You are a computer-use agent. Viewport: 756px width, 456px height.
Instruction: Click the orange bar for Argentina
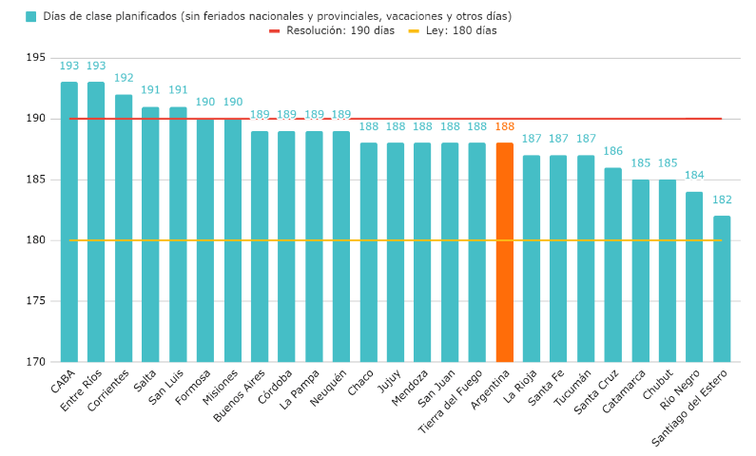504,252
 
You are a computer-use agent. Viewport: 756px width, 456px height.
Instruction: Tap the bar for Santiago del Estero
722,289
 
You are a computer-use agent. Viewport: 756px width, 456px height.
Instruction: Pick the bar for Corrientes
124,228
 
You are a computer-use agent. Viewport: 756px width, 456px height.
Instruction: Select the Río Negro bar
694,276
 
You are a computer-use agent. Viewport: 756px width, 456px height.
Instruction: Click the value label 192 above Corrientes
124,78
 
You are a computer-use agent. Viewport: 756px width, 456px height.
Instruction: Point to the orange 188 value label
504,126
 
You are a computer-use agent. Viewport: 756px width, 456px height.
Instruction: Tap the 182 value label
722,199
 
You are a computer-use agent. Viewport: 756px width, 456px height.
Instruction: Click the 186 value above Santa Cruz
612,151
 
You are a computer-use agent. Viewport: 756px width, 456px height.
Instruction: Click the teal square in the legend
31,16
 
